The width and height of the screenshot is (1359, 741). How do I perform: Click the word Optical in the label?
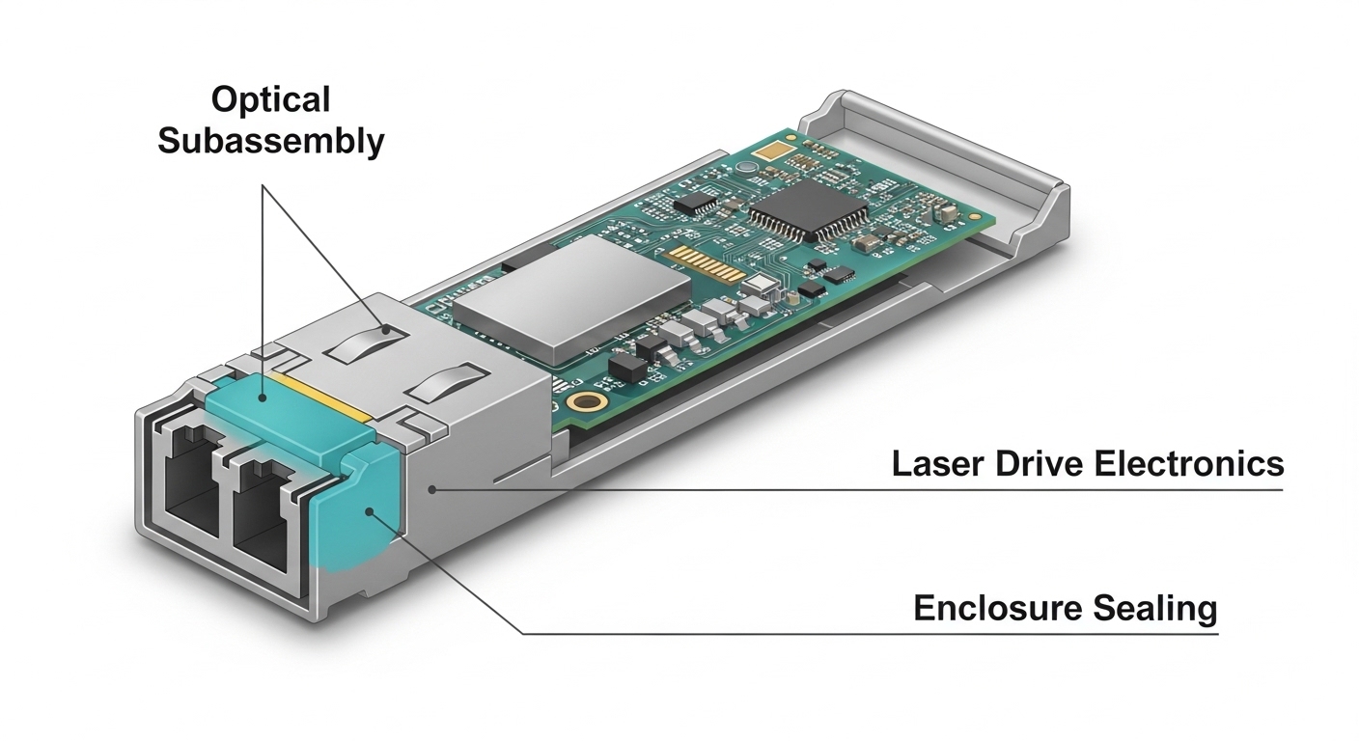point(270,99)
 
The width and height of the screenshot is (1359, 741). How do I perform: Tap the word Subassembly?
point(270,141)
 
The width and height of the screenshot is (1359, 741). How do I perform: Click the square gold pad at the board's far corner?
point(771,151)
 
